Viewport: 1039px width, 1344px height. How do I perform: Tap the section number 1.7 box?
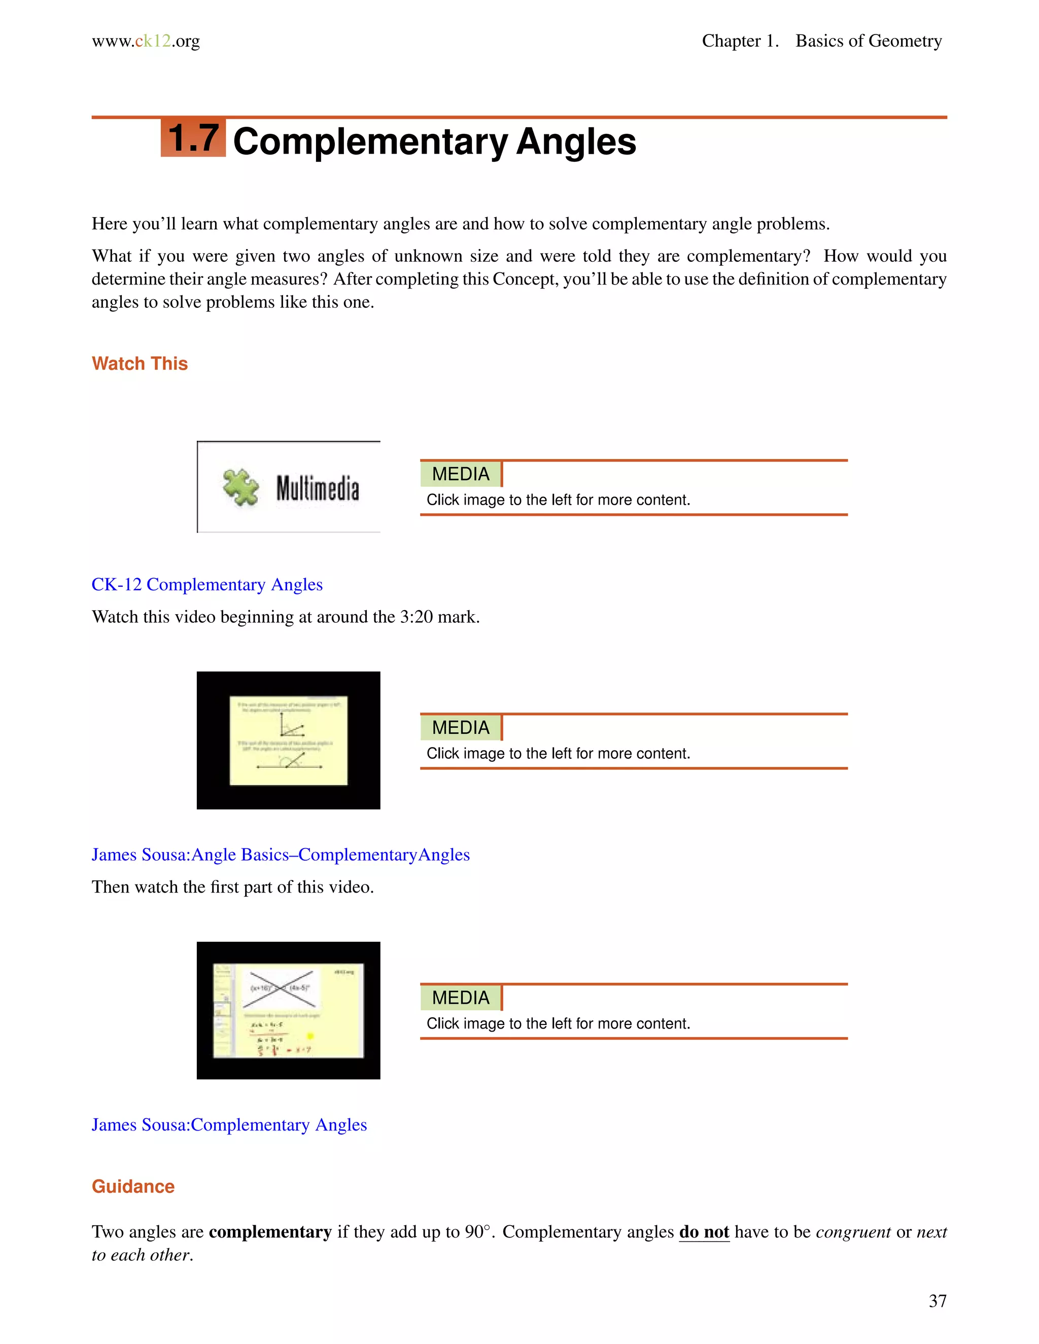tap(193, 138)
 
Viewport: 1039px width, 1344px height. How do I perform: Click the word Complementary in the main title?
tap(370, 142)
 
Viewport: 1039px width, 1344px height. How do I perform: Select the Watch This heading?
tap(140, 364)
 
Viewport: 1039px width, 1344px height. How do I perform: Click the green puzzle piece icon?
tap(240, 487)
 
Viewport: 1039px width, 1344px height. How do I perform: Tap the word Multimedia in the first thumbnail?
tap(317, 488)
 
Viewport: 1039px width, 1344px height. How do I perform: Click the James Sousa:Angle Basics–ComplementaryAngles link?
tap(280, 854)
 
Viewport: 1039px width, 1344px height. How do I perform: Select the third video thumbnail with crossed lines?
tap(288, 1010)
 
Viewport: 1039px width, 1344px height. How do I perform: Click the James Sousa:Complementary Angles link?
tap(229, 1124)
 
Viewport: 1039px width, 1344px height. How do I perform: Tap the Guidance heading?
tap(133, 1186)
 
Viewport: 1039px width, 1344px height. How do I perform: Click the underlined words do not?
tap(704, 1231)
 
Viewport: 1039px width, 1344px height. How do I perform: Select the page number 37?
tap(937, 1301)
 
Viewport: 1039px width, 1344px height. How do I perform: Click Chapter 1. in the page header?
tap(740, 41)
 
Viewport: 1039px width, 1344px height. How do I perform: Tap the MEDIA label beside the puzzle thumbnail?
tap(461, 474)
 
